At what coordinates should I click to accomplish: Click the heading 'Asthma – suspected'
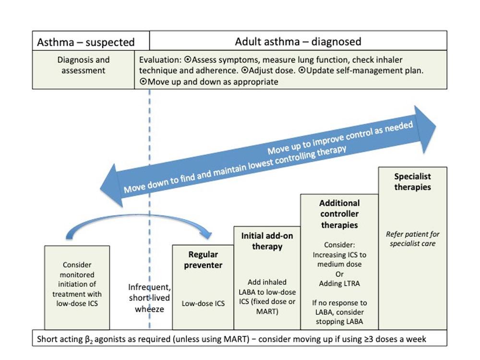click(x=86, y=42)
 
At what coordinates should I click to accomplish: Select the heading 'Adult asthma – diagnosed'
click(x=298, y=41)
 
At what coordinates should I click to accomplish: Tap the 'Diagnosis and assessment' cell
click(x=84, y=65)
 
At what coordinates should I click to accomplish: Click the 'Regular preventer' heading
click(x=203, y=260)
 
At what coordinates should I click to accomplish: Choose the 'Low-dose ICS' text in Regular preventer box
click(x=203, y=303)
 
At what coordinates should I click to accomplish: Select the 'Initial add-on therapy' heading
click(x=267, y=241)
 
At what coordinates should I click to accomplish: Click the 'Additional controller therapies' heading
click(x=339, y=214)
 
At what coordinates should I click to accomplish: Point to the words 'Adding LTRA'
click(x=339, y=284)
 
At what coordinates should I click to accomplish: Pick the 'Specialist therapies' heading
click(x=412, y=181)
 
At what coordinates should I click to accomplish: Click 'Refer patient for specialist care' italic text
click(x=412, y=239)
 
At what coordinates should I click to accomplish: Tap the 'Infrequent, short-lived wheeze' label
click(x=149, y=298)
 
